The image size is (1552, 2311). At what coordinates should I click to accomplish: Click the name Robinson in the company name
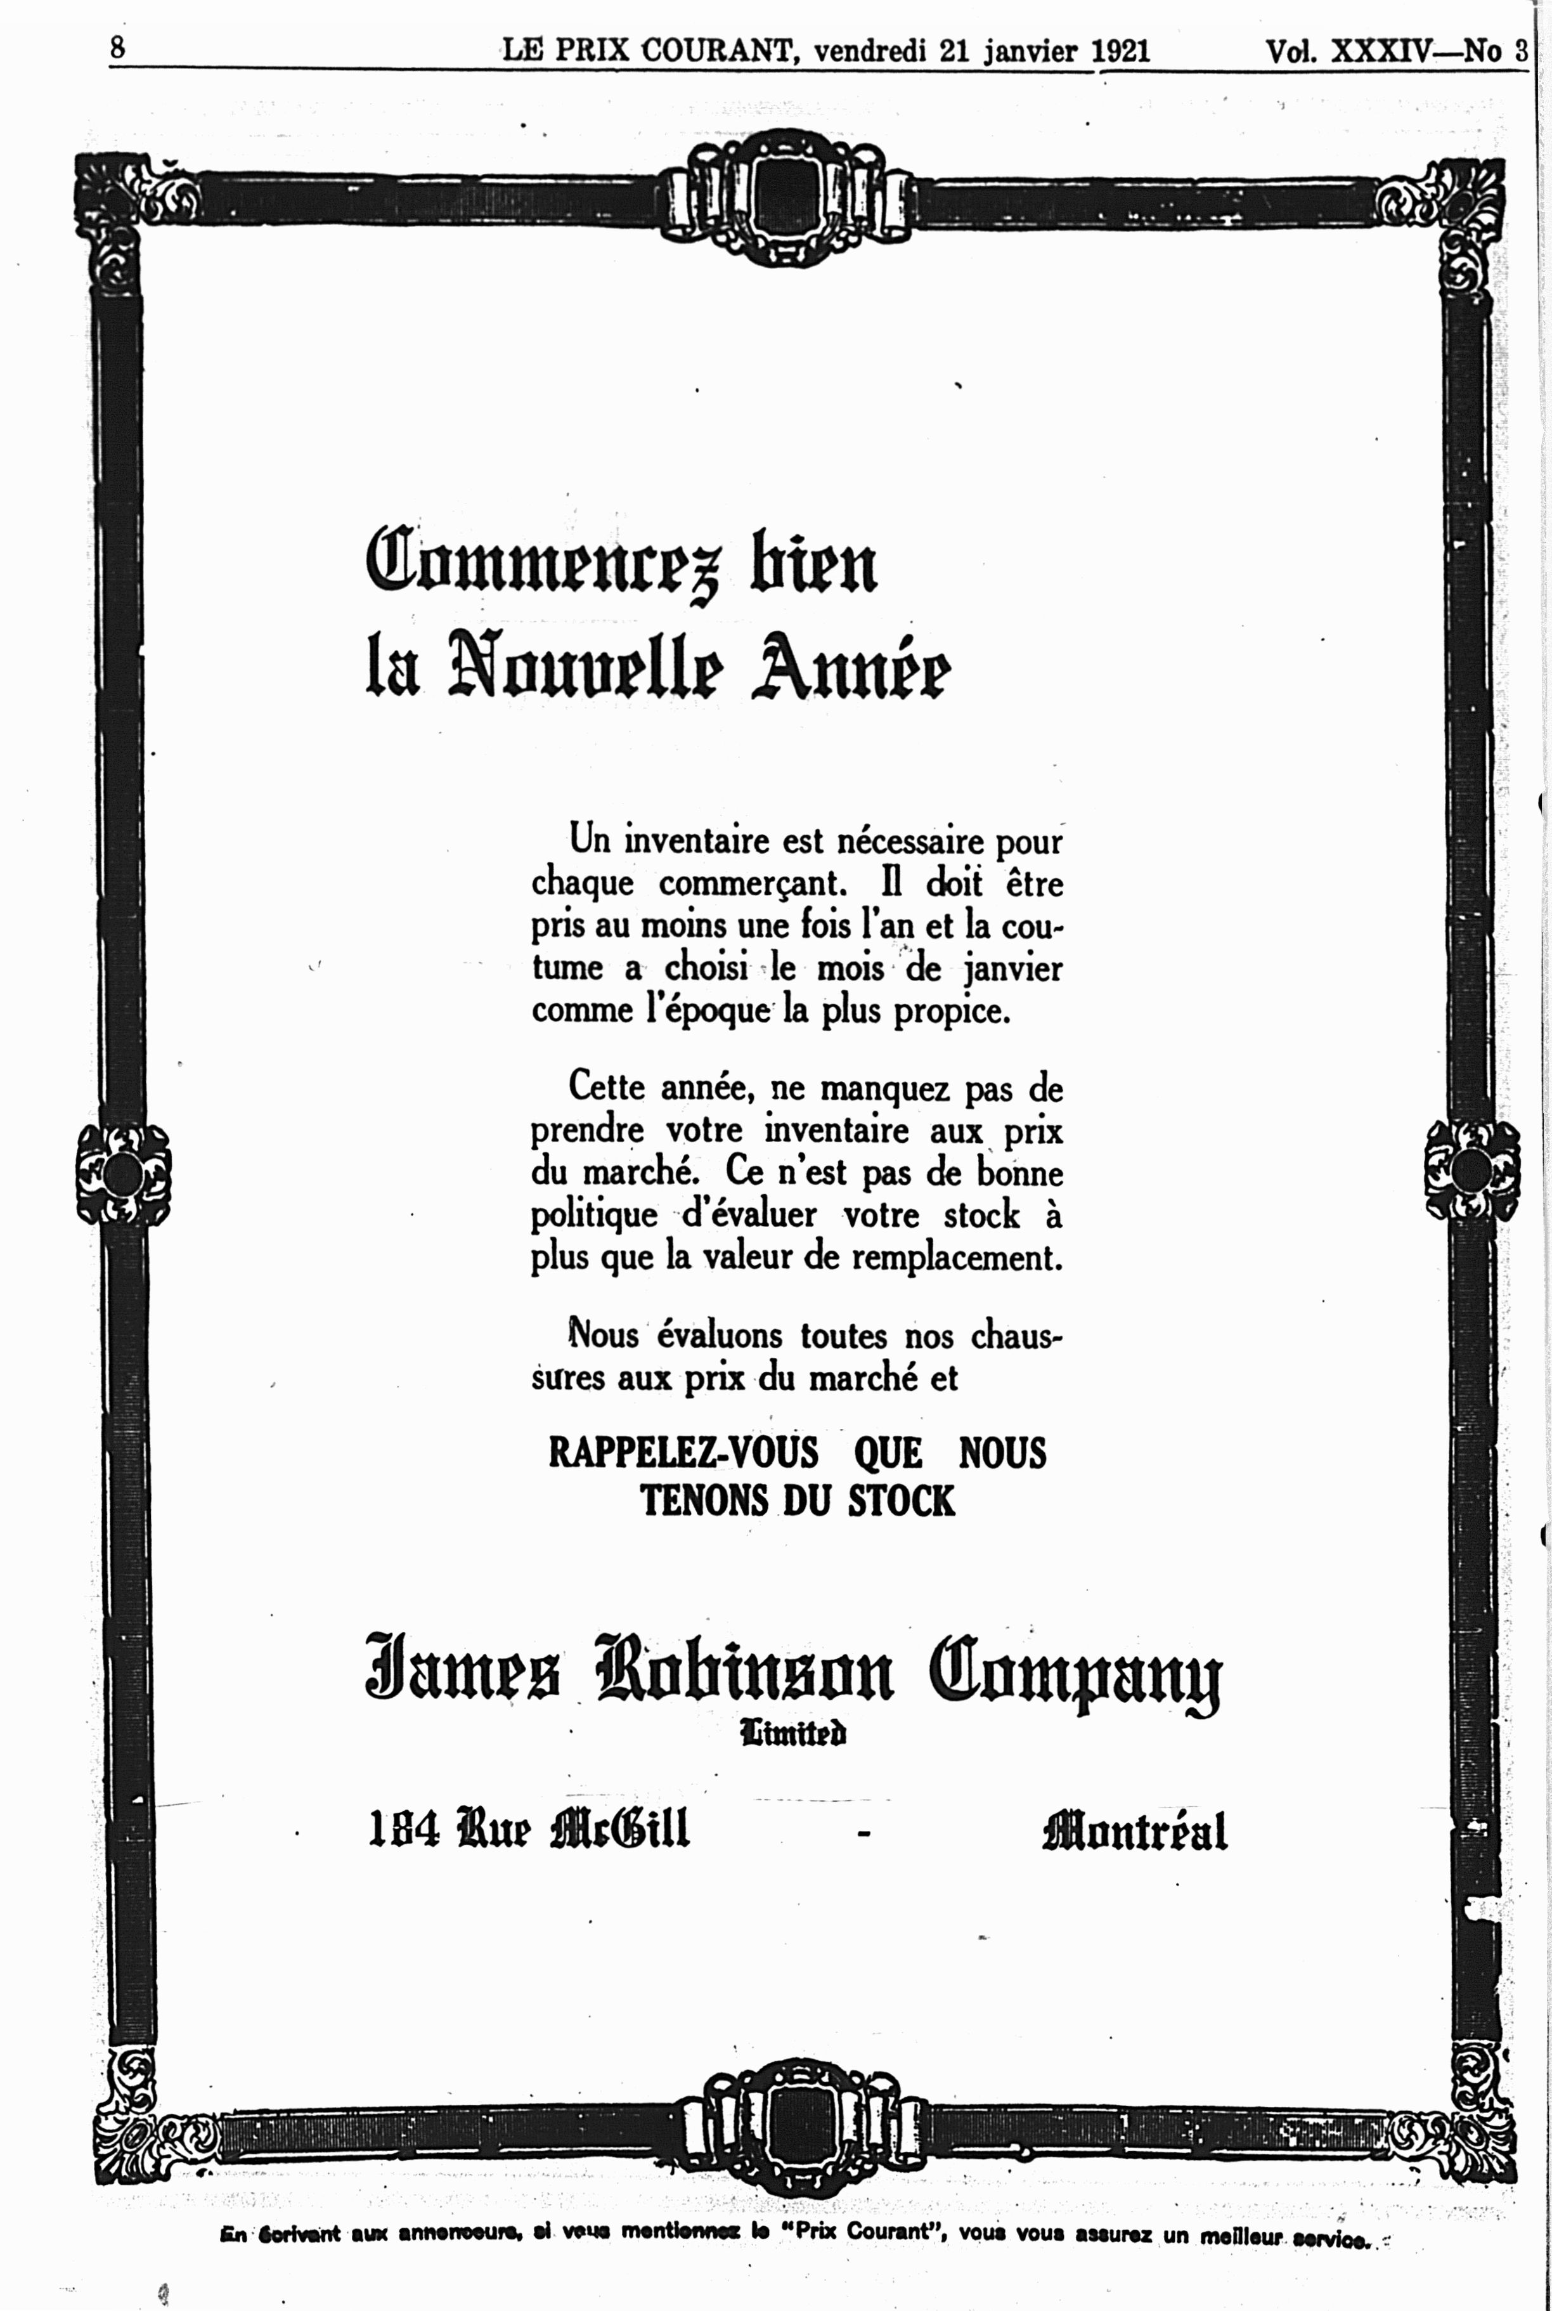coord(743,1670)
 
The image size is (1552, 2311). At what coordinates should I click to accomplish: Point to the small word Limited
coord(793,1733)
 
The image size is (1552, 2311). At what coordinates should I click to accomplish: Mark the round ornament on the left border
coord(124,1175)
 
